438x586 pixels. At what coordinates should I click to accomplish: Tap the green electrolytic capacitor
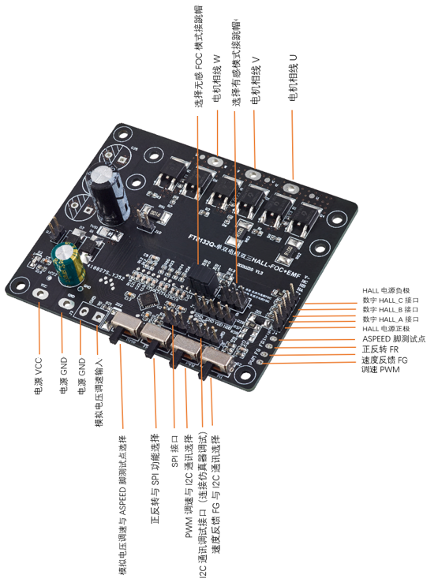pos(68,264)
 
